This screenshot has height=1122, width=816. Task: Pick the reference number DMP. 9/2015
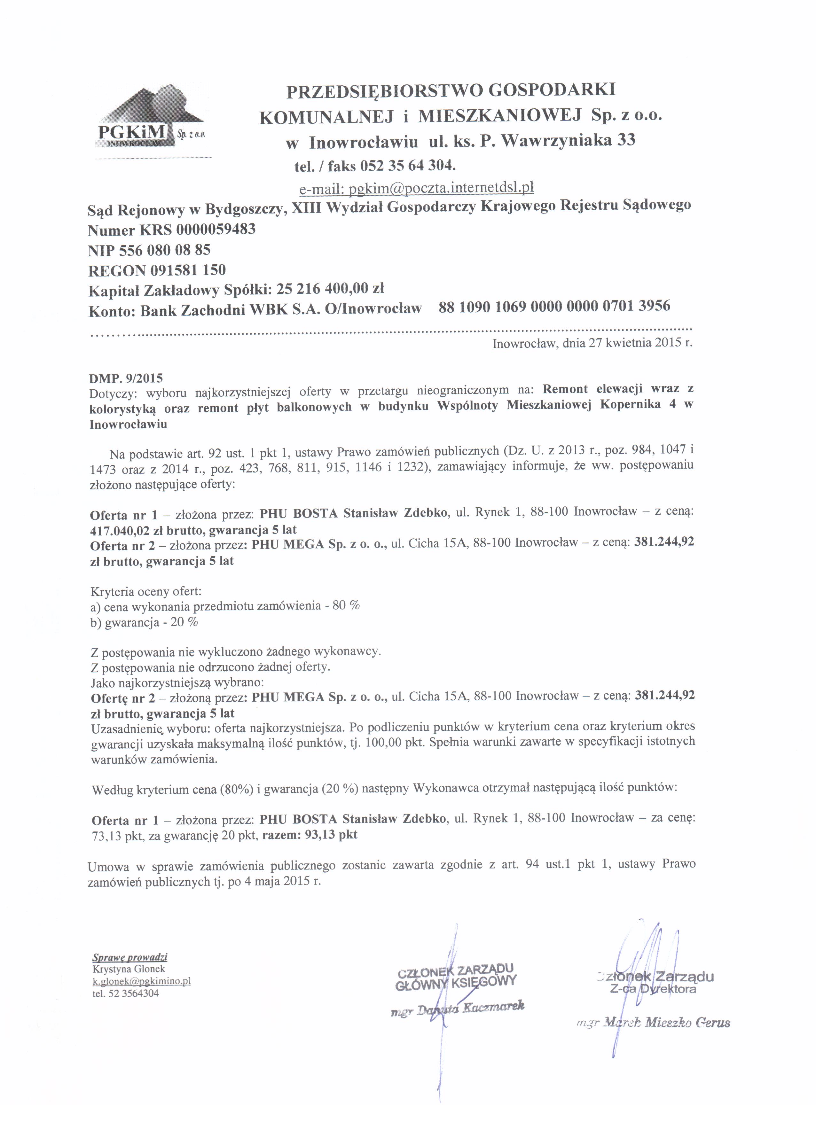point(126,378)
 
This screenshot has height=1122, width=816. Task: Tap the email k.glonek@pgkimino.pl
point(142,981)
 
